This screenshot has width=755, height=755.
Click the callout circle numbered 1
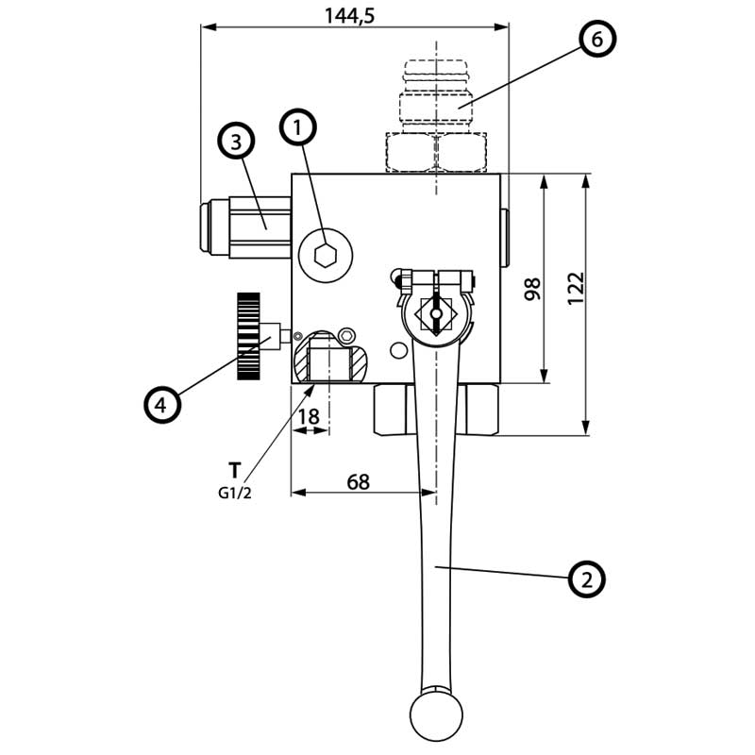[298, 127]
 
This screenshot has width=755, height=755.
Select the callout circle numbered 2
[586, 579]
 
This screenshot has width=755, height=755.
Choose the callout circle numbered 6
[596, 39]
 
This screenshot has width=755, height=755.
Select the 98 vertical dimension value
[531, 288]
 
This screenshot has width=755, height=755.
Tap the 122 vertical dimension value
[577, 288]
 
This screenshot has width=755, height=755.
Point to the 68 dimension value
[358, 481]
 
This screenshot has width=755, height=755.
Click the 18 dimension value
[309, 416]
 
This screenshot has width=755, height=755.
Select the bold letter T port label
[234, 469]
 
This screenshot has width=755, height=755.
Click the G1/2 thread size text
[234, 492]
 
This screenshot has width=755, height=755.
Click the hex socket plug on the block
[326, 255]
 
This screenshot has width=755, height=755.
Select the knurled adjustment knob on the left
[247, 336]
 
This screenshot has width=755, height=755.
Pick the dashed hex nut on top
[435, 151]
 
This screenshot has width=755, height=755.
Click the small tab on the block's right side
[504, 237]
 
